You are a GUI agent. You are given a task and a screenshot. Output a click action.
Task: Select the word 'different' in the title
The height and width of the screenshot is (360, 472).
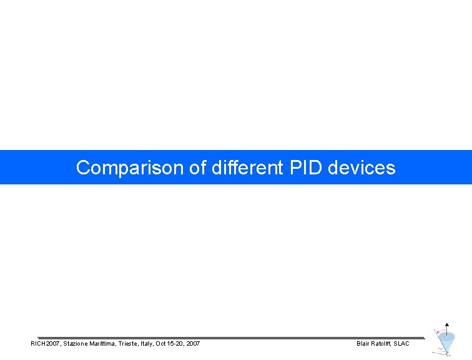[247, 167]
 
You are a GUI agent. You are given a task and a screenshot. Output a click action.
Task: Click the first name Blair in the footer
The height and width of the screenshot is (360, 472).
[362, 344]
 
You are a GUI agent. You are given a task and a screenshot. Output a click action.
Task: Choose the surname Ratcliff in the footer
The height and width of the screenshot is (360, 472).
[381, 344]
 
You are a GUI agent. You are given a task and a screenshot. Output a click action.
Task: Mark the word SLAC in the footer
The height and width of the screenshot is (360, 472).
[401, 344]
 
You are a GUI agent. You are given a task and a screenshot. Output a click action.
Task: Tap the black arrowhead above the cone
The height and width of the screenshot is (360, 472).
[446, 325]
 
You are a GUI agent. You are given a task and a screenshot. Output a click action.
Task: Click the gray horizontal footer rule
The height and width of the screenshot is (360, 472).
[231, 338]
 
